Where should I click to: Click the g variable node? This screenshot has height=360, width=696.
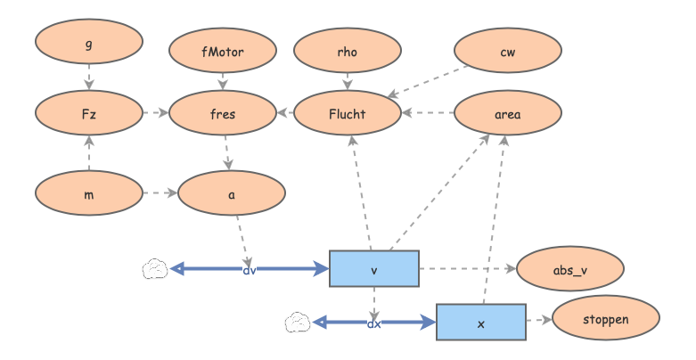coord(89,42)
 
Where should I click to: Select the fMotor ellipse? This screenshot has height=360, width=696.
coord(223,51)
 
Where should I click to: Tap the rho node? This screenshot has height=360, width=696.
coord(348,51)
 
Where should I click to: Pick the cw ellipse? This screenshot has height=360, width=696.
coord(508,51)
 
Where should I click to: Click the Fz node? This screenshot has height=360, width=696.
coord(89,113)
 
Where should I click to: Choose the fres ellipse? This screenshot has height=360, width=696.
coord(223,113)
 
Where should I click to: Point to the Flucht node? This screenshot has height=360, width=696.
coord(348,113)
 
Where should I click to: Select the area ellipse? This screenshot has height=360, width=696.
coord(508,113)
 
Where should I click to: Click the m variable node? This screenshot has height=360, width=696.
coord(89,193)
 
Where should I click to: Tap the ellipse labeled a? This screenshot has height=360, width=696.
coord(232,193)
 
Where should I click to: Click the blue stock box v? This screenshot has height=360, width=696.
coord(374,268)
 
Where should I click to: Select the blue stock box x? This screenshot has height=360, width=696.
coord(481,323)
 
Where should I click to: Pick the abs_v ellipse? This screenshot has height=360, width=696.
coord(570,268)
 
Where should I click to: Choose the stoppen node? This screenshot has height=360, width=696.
coord(606,318)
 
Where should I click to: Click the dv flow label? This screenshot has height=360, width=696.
coord(250,270)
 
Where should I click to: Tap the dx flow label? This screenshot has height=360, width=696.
coord(374,323)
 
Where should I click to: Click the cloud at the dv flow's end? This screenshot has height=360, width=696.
coord(155,268)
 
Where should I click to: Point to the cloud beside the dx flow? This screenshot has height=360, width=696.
coord(298,323)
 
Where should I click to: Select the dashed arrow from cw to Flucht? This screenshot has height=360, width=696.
coord(428,82)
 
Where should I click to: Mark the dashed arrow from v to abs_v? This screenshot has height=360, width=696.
coord(468,268)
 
